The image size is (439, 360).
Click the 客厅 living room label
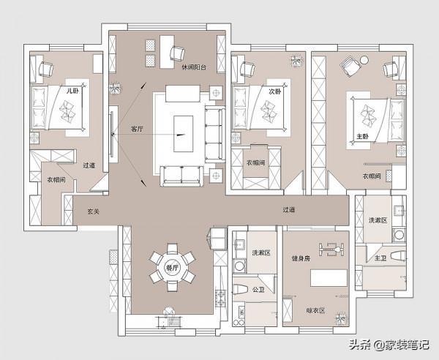point(138,129)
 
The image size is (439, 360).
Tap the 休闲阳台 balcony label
point(194,67)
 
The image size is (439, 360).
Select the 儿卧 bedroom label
point(72,91)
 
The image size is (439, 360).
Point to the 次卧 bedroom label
point(274,91)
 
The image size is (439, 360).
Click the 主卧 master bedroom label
point(363,137)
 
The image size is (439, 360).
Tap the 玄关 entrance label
point(93,211)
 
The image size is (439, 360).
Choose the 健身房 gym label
point(301,258)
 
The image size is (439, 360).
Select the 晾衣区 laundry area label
point(315,310)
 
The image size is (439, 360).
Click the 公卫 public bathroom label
point(258,290)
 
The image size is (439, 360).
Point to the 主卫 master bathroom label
point(380,258)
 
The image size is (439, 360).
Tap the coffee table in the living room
point(184,134)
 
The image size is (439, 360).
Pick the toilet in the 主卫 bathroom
point(398,256)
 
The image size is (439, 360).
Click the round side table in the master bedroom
point(364,60)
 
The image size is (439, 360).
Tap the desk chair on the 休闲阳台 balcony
point(177,53)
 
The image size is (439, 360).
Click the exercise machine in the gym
point(331,249)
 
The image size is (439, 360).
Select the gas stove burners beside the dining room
point(221,299)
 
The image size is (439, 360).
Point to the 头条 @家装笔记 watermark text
point(389,345)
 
